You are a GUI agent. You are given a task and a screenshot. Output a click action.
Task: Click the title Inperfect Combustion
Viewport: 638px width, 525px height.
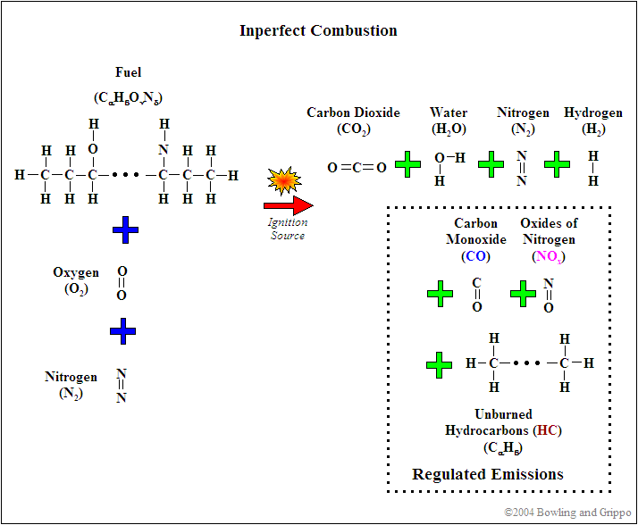318,30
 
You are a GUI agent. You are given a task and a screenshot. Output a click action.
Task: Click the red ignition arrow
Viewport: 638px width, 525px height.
288,205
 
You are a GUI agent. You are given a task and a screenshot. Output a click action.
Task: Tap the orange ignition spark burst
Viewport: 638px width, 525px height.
284,180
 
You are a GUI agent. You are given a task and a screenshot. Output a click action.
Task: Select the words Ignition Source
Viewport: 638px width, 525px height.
288,229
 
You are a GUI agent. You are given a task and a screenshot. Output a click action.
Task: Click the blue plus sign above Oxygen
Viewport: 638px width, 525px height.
125,229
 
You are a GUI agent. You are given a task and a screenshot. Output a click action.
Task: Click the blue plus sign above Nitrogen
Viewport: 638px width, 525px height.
123,331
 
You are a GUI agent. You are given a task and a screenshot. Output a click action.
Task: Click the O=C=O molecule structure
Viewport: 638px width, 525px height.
357,167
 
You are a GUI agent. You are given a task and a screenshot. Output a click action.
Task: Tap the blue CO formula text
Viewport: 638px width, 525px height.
475,255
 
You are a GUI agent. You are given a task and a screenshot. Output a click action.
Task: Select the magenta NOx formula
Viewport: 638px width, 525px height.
549,256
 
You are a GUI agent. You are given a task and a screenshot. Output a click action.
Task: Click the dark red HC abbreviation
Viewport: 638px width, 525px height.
547,429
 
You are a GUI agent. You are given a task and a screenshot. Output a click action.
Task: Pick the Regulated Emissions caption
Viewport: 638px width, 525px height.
488,474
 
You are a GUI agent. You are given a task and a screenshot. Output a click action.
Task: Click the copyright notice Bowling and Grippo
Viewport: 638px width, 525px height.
567,512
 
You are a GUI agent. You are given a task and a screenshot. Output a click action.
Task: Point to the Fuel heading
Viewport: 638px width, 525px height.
128,72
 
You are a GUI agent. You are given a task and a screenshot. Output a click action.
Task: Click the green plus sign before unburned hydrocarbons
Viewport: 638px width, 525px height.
440,365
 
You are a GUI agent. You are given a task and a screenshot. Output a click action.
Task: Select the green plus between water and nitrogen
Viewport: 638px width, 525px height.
491,164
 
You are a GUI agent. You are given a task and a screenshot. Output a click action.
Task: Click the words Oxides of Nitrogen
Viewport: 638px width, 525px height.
549,230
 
